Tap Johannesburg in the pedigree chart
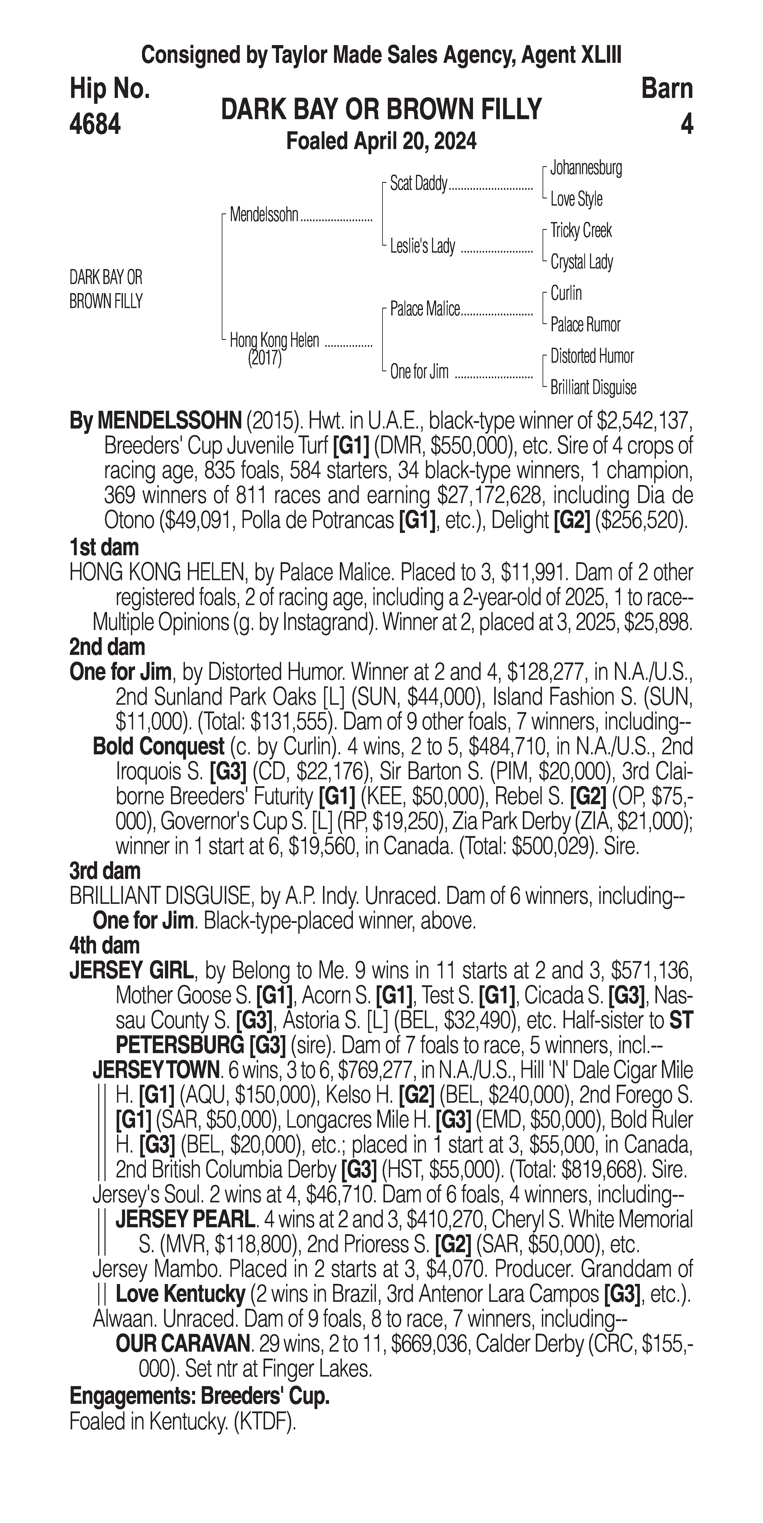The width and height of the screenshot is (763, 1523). coord(585,168)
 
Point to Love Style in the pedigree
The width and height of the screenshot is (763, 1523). coord(576,199)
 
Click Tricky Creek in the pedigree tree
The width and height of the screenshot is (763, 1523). coord(581,231)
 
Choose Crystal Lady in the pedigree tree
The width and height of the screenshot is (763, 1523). coord(581,262)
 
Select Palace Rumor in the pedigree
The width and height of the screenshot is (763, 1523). coord(585,325)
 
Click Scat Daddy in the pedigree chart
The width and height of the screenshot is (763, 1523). coord(418,184)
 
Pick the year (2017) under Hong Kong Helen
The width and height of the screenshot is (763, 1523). coord(264,358)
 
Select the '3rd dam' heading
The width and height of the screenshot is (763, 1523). coord(105,871)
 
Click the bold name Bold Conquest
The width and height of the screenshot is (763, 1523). coord(158,747)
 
